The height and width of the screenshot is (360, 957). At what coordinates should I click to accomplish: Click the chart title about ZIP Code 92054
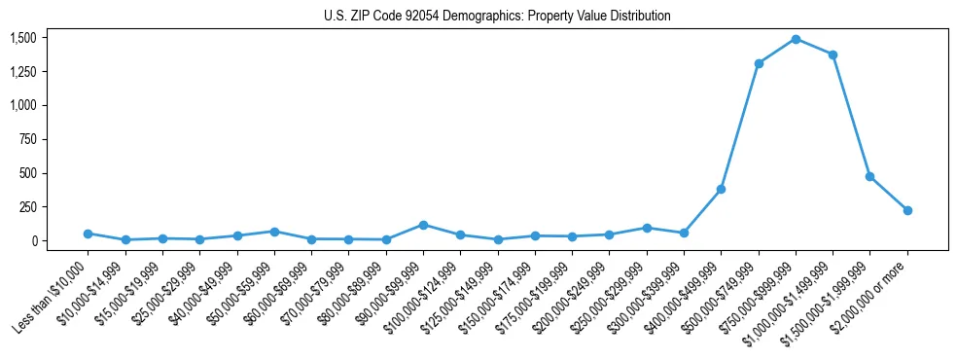pyautogui.click(x=497, y=17)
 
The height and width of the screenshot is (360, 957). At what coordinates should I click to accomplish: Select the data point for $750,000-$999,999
pyautogui.click(x=796, y=39)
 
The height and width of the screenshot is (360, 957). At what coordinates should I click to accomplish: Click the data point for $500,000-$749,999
pyautogui.click(x=759, y=63)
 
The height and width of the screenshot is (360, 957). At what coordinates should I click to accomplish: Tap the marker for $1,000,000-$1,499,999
pyautogui.click(x=833, y=54)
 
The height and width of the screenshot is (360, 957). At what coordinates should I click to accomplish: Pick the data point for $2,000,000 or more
pyautogui.click(x=907, y=210)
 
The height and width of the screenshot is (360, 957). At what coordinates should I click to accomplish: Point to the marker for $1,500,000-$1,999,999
pyautogui.click(x=869, y=176)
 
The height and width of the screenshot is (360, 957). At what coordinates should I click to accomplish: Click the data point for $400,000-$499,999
pyautogui.click(x=721, y=189)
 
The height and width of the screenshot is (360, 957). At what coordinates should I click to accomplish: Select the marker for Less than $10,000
pyautogui.click(x=88, y=234)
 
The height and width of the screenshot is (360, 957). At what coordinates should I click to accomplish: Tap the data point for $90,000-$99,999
pyautogui.click(x=423, y=225)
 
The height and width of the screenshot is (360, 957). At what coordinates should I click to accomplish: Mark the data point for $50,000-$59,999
pyautogui.click(x=274, y=232)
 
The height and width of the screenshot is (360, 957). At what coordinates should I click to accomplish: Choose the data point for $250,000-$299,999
pyautogui.click(x=647, y=228)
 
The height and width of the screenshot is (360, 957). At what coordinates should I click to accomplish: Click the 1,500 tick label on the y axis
pyautogui.click(x=23, y=37)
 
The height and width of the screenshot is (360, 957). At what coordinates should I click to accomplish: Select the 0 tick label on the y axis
pyautogui.click(x=33, y=240)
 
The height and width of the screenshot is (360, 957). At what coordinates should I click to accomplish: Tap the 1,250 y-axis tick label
pyautogui.click(x=23, y=71)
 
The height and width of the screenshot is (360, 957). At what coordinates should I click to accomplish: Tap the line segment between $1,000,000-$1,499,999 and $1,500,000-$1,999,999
pyautogui.click(x=851, y=115)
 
